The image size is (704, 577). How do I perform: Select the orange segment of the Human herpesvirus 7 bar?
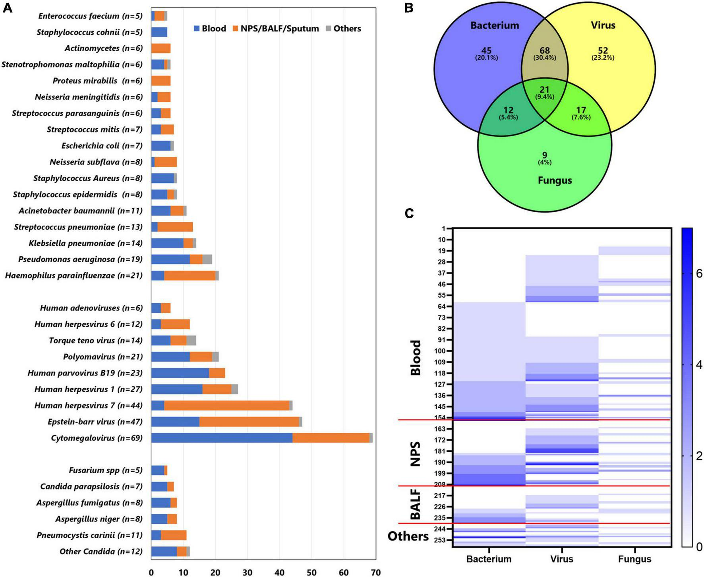click(226, 405)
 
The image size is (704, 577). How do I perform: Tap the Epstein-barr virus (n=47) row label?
click(95, 422)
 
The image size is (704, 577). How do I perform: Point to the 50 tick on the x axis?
click(312, 573)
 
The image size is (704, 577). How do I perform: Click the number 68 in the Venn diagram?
click(544, 50)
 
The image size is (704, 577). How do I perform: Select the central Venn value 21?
click(544, 90)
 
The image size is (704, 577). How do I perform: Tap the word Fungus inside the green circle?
click(555, 180)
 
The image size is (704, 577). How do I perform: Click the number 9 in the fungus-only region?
click(545, 155)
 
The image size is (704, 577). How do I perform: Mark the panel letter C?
click(409, 214)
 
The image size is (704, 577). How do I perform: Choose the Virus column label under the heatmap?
click(562, 559)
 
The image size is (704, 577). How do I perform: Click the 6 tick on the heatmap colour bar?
click(699, 273)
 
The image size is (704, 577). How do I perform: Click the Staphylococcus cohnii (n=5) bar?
click(159, 32)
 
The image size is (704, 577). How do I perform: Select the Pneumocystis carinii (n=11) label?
click(89, 535)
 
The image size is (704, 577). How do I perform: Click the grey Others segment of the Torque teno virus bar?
click(191, 341)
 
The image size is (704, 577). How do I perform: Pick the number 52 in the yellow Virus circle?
click(603, 50)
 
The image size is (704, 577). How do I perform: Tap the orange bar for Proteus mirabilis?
click(161, 81)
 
